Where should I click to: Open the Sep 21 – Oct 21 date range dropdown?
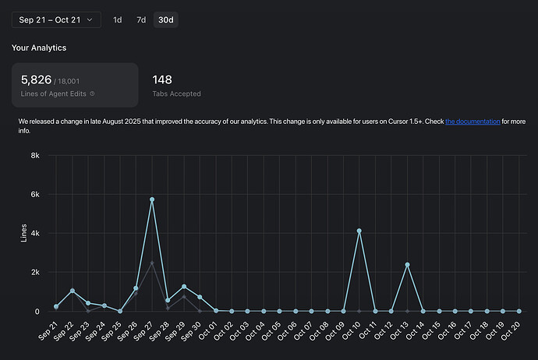pyautogui.click(x=55, y=19)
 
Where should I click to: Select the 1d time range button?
pyautogui.click(x=118, y=19)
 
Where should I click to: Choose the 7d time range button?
pyautogui.click(x=141, y=19)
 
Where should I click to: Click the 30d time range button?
pyautogui.click(x=165, y=19)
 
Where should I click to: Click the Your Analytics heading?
pyautogui.click(x=39, y=48)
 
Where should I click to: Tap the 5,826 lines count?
pyautogui.click(x=36, y=79)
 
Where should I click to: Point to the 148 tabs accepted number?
pyautogui.click(x=162, y=79)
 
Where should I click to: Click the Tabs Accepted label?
pyautogui.click(x=176, y=94)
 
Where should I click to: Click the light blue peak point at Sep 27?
pyautogui.click(x=152, y=199)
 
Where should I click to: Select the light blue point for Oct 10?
pyautogui.click(x=359, y=231)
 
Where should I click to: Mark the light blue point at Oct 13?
pyautogui.click(x=407, y=265)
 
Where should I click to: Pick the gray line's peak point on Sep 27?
pyautogui.click(x=152, y=263)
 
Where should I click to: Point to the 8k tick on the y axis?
pyautogui.click(x=34, y=155)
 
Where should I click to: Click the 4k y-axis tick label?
pyautogui.click(x=34, y=233)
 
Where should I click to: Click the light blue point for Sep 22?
pyautogui.click(x=72, y=291)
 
